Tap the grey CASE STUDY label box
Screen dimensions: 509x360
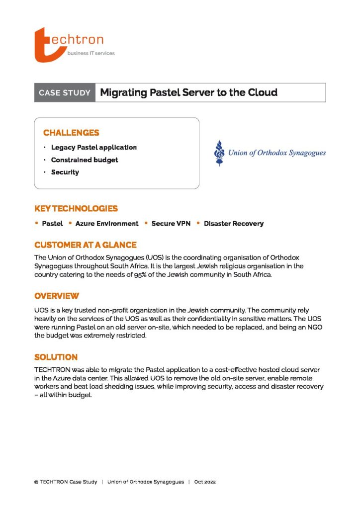65,92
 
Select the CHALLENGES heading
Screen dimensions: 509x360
71,133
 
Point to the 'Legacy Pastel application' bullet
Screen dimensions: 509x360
93,148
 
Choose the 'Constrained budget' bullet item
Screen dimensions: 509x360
85,160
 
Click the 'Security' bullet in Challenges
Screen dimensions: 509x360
65,172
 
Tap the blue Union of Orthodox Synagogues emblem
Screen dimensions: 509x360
218,153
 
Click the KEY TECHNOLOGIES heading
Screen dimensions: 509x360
76,209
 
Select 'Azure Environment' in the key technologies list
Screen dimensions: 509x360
107,224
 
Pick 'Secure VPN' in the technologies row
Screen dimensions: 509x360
171,224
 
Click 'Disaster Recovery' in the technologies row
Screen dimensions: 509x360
234,224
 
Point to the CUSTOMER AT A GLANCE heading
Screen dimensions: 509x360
86,245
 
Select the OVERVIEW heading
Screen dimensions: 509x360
57,296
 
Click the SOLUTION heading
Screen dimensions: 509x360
56,357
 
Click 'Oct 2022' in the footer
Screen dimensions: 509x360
205,482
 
